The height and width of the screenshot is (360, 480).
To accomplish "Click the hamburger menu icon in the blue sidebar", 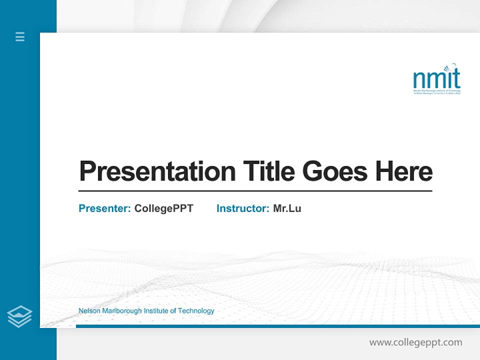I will click(20, 36).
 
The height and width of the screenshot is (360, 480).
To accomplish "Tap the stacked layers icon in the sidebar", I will click(19, 316).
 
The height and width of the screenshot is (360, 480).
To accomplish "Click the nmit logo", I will click(436, 79).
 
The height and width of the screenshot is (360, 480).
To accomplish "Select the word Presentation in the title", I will click(157, 171).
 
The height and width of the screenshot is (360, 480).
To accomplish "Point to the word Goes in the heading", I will click(334, 171).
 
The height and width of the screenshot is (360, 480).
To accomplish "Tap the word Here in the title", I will click(404, 171).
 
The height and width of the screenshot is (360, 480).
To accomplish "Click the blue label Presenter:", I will click(104, 208).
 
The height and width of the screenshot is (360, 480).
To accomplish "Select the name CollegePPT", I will click(163, 208).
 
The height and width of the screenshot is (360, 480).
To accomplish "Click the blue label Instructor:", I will click(242, 208).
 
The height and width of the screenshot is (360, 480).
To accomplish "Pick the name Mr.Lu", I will click(287, 208).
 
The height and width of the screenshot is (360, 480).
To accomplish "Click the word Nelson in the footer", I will click(89, 311).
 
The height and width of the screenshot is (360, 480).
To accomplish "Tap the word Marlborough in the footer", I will click(121, 311).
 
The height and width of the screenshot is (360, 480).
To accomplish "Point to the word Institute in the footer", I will click(156, 311).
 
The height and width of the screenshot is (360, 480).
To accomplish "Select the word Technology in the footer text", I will click(196, 311).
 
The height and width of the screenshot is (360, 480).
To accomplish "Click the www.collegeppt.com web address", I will click(415, 342).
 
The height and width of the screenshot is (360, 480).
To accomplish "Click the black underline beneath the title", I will click(255, 190).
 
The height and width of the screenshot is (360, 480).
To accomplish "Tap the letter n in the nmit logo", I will click(418, 79).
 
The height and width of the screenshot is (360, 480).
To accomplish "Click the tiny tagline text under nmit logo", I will click(436, 92).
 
